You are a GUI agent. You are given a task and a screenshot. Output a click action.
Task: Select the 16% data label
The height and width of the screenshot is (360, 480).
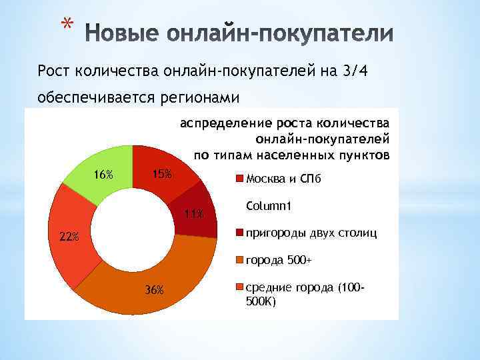pyautogui.click(x=103, y=175)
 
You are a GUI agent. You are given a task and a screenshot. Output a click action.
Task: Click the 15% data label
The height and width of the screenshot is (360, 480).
pyautogui.click(x=161, y=174)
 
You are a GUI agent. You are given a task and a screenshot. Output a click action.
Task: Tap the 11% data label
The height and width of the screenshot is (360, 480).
pyautogui.click(x=194, y=214)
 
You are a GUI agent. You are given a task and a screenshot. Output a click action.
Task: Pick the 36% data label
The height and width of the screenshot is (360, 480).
pyautogui.click(x=154, y=289)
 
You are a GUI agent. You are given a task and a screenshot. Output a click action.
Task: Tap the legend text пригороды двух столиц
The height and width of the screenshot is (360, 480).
pyautogui.click(x=311, y=233)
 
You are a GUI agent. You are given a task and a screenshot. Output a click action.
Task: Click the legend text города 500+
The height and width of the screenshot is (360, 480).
pyautogui.click(x=279, y=260)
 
